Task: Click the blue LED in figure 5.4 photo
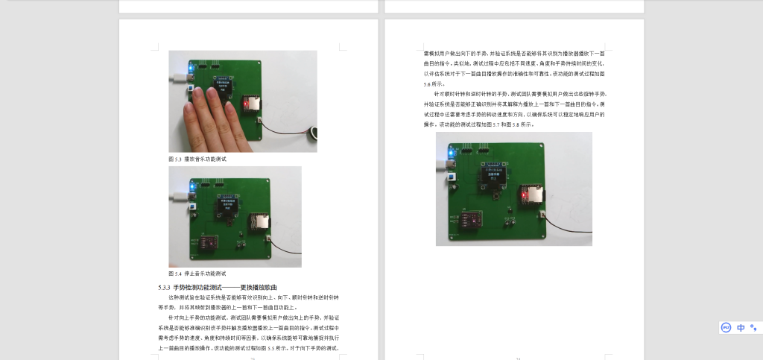[x=192, y=184]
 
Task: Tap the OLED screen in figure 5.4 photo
[x=227, y=205]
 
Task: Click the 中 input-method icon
[x=741, y=327]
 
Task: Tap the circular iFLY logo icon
[x=726, y=327]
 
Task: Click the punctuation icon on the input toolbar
[x=753, y=327]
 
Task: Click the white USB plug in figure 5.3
[x=177, y=77]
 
